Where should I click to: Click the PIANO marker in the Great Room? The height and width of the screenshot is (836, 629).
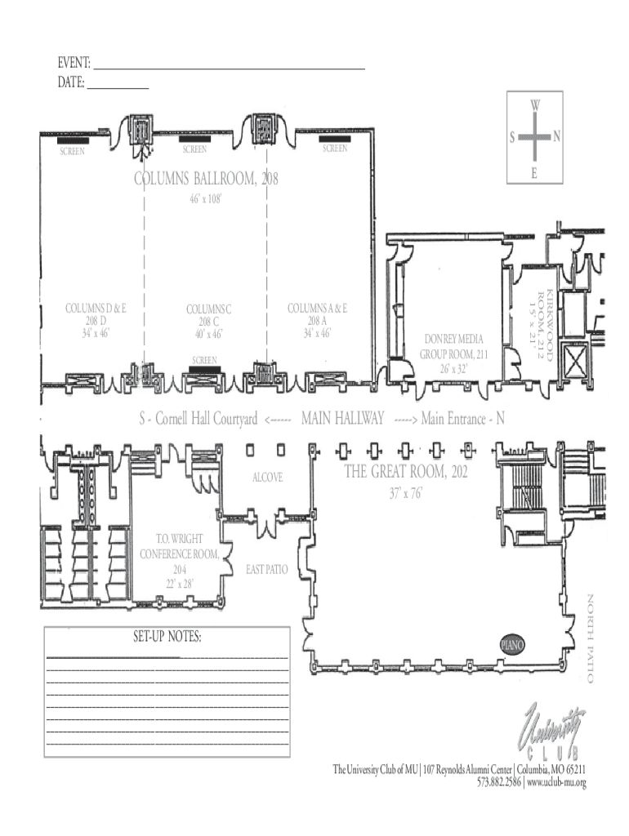[512, 645]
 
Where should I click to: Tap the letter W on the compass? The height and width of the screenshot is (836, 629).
[535, 104]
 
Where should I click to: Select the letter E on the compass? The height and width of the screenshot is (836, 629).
[534, 173]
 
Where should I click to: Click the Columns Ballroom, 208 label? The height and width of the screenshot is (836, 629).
[206, 178]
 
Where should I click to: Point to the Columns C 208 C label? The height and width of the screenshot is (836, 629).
[208, 322]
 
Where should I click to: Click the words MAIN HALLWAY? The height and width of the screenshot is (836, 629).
[342, 418]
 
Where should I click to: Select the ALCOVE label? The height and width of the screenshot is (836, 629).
[267, 477]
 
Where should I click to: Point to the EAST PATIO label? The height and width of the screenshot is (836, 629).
[267, 569]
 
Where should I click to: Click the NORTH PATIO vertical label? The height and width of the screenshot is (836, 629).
[591, 638]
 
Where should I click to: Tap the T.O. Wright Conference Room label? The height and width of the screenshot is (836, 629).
[179, 561]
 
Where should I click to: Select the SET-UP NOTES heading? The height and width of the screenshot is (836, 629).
[167, 636]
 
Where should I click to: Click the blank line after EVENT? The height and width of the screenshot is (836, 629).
[230, 69]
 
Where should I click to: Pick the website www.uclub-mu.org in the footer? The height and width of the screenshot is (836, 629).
[556, 783]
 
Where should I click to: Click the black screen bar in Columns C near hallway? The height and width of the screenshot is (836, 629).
[205, 369]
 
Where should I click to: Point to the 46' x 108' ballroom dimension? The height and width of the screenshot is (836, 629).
[205, 199]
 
